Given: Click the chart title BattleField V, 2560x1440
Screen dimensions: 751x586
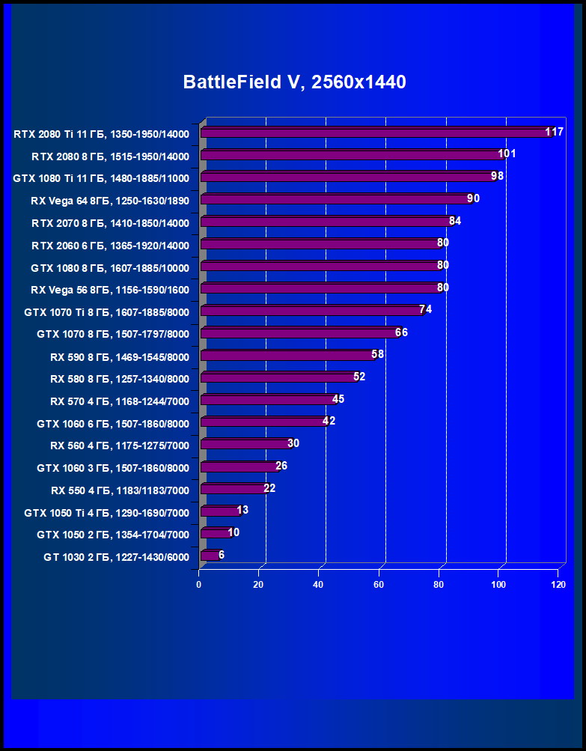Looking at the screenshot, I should click(294, 82).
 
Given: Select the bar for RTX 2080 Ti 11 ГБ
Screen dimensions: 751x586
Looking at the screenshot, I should click(374, 133).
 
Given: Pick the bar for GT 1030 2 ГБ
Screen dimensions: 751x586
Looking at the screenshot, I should click(210, 556).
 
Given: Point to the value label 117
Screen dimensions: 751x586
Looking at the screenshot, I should click(554, 132).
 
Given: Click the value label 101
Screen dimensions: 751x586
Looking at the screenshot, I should click(507, 153).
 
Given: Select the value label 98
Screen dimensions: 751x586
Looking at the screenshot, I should click(497, 176).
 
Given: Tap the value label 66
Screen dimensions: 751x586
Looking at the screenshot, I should click(401, 332).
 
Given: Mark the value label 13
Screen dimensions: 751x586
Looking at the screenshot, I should click(242, 510).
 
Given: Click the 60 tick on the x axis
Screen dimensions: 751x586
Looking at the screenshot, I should click(379, 584).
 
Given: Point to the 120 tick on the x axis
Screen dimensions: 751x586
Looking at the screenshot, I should click(558, 584).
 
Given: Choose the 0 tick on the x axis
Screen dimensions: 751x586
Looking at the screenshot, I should click(199, 584).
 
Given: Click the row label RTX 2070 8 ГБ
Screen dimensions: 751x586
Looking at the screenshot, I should click(110, 223).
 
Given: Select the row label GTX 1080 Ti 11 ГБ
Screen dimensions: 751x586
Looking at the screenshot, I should click(101, 178).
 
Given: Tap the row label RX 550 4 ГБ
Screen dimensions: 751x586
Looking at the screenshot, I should click(120, 490).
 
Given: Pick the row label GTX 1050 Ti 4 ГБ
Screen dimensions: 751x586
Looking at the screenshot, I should click(106, 513).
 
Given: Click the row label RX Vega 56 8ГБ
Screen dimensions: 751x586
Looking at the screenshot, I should click(110, 290).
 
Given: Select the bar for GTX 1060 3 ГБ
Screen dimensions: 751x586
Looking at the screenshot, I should click(239, 467).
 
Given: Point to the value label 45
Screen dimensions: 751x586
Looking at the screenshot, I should click(338, 399).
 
